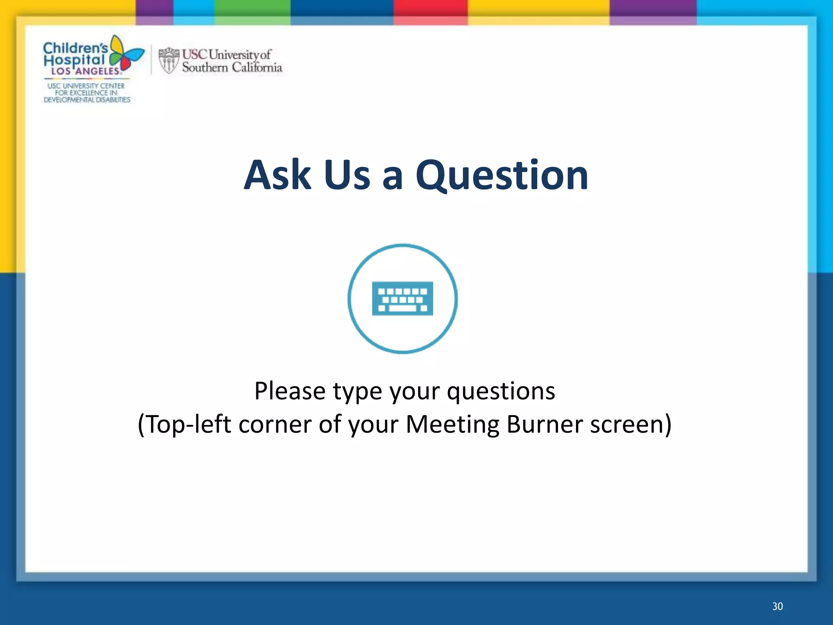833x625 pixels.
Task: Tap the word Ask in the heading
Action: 277,176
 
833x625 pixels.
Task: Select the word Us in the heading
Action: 347,176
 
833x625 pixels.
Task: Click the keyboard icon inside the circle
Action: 402,299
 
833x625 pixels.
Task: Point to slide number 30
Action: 777,606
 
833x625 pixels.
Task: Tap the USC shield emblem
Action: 168,60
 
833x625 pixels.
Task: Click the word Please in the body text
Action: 290,391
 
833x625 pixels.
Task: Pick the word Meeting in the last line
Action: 453,424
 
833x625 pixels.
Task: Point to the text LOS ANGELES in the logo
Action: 85,71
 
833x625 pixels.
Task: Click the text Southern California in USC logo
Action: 232,68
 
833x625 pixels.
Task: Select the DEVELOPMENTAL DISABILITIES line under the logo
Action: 87,100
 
